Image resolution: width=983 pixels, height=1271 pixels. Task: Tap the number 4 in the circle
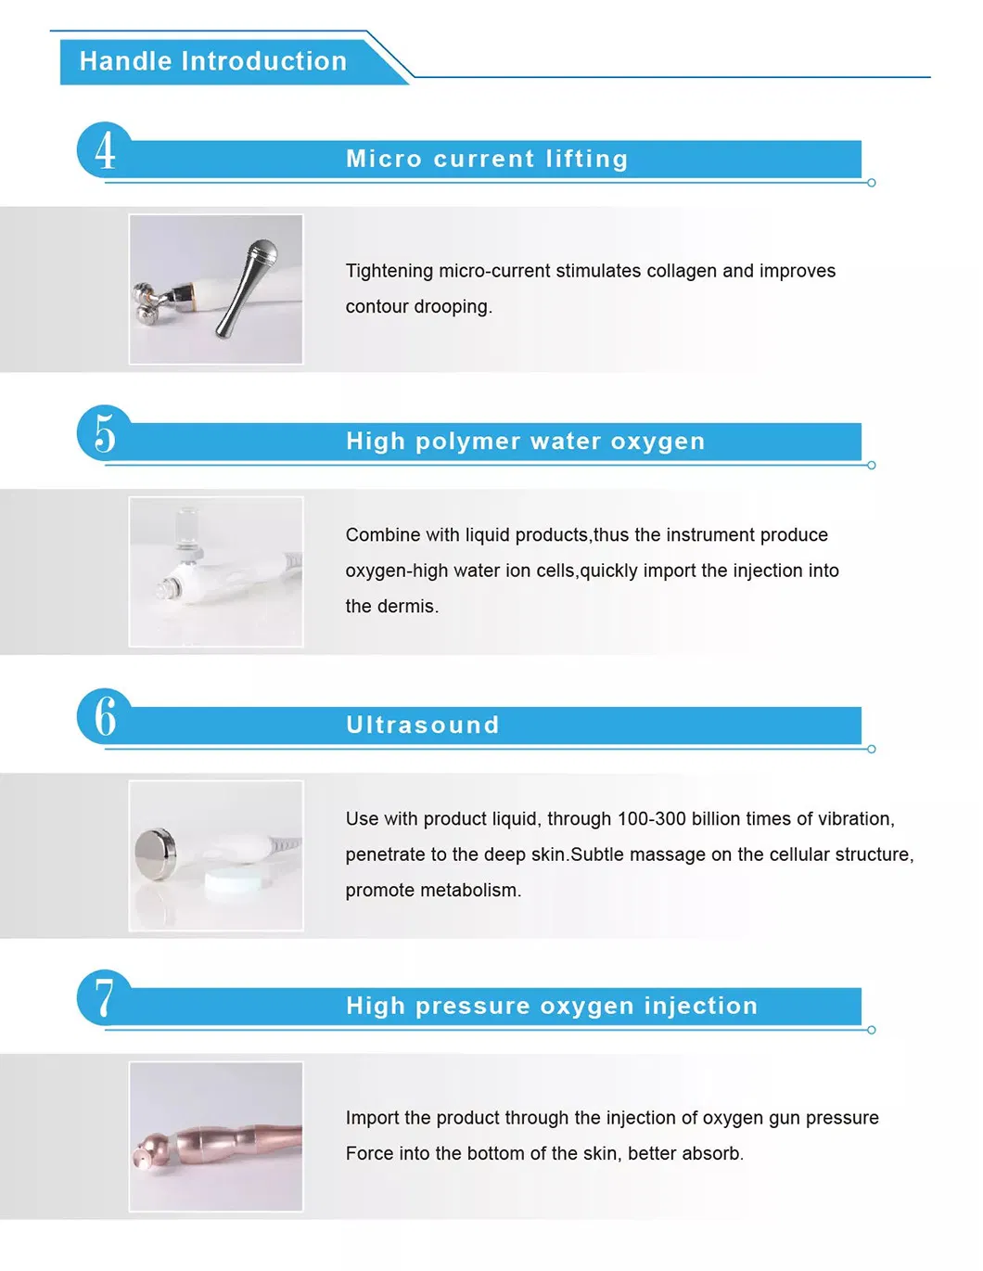click(105, 151)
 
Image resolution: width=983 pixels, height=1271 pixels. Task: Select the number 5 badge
click(105, 433)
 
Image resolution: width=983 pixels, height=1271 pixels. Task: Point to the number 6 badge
click(105, 716)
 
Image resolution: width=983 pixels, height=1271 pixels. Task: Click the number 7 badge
click(105, 998)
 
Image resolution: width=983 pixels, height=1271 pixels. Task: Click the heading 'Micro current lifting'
click(487, 159)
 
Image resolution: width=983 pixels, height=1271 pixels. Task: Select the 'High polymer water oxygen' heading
click(526, 441)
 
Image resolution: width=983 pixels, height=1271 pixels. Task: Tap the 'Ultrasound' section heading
click(423, 725)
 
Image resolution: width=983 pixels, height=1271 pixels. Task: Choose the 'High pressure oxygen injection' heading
click(552, 1006)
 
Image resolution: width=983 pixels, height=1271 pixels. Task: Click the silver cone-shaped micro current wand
click(247, 288)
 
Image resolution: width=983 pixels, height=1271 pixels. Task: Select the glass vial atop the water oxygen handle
click(187, 529)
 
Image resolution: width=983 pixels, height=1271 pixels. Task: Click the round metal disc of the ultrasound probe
click(155, 854)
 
